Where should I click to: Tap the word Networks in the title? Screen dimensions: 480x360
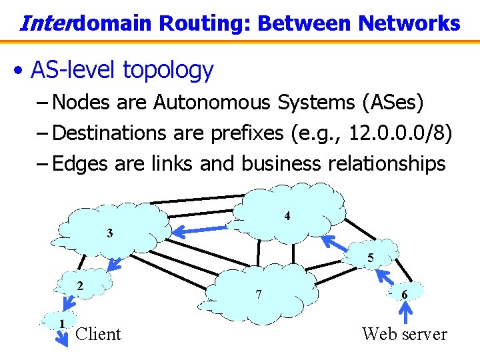click(409, 24)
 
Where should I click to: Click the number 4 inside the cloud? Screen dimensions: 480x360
click(287, 217)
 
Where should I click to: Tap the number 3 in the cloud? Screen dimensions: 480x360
click(109, 233)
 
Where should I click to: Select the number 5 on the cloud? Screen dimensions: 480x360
click(370, 259)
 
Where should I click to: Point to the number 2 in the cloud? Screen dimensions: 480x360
click(80, 286)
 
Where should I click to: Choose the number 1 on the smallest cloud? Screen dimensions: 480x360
click(61, 324)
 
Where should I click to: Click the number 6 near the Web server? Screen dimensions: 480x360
click(405, 294)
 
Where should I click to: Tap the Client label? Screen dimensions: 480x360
click(99, 334)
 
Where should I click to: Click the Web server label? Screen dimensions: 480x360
click(404, 334)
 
